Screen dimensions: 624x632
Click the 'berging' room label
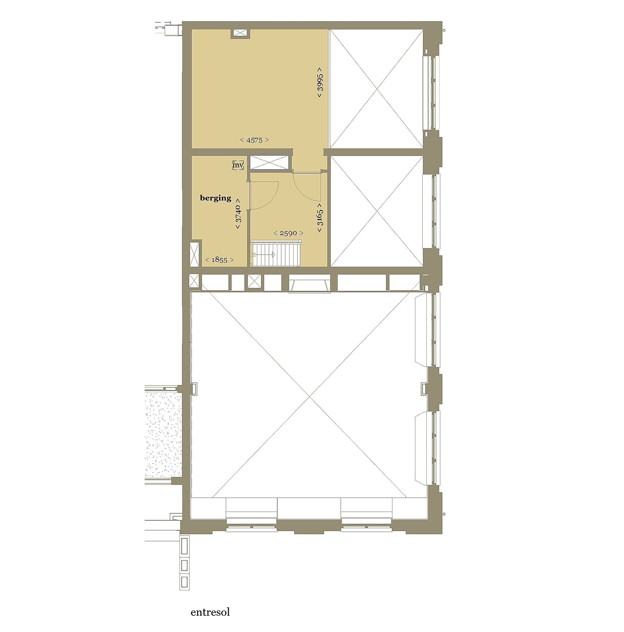coord(215,198)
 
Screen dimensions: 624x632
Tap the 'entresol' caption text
coord(210,612)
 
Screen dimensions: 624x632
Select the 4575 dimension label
coord(254,140)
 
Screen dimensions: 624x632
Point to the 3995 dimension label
coord(320,82)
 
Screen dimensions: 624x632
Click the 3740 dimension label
coord(238,213)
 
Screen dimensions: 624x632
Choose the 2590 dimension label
coord(288,233)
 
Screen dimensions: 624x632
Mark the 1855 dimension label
coord(219,260)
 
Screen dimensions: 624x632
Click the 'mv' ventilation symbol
coord(238,165)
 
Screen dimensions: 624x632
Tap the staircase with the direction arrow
coord(275,254)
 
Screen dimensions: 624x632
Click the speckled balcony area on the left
coord(163,435)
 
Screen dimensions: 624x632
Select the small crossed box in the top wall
coord(240,33)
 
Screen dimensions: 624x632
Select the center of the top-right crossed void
coord(376,89)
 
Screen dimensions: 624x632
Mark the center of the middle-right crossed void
coord(376,211)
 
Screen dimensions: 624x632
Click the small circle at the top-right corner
coord(444,31)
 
